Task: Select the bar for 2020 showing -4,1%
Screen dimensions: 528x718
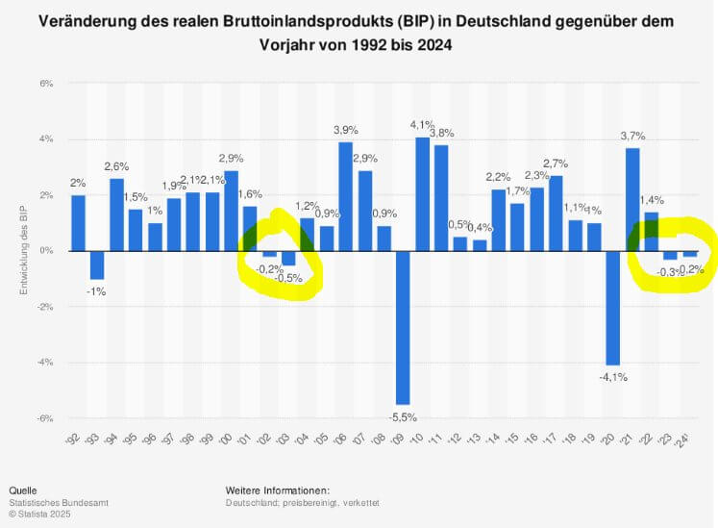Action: click(612, 308)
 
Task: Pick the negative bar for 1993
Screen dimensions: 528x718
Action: click(97, 264)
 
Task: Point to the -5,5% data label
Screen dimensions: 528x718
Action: click(403, 417)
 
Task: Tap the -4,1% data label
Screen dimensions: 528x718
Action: click(612, 377)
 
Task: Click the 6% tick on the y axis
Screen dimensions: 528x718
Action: click(45, 84)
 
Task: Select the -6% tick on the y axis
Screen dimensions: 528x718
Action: click(44, 418)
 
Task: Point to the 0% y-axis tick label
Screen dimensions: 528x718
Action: click(45, 251)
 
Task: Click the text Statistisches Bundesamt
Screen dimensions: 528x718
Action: click(57, 502)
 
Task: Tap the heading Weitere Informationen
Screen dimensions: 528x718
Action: click(278, 490)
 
